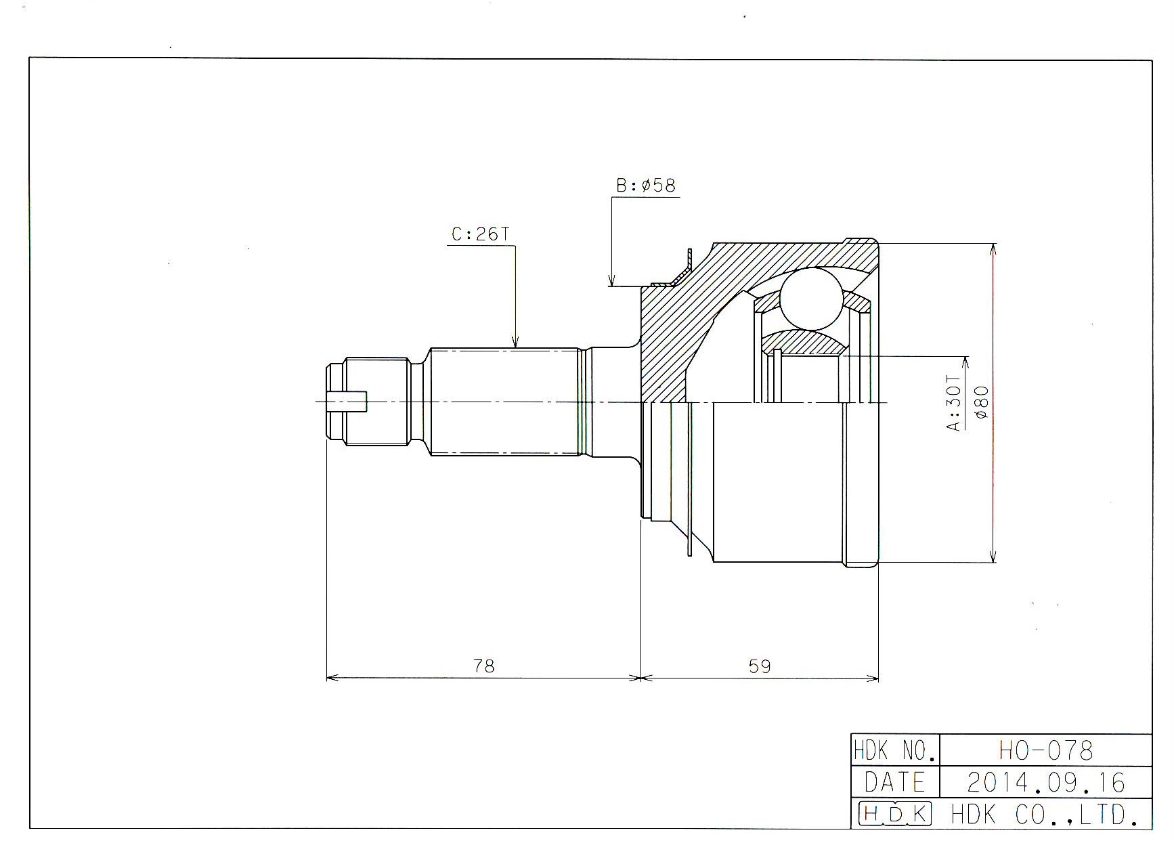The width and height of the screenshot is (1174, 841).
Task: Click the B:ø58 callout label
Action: click(x=646, y=186)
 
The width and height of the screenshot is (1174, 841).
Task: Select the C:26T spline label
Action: click(x=480, y=234)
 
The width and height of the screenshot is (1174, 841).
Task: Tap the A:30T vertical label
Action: click(x=953, y=404)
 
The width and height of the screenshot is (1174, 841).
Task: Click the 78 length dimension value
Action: click(x=484, y=666)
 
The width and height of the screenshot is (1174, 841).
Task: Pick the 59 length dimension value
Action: click(x=760, y=666)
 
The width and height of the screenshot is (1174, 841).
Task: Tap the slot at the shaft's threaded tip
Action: click(x=347, y=402)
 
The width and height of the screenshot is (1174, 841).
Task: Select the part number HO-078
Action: click(x=1046, y=750)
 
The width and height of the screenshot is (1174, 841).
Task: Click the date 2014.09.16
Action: click(x=1046, y=783)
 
